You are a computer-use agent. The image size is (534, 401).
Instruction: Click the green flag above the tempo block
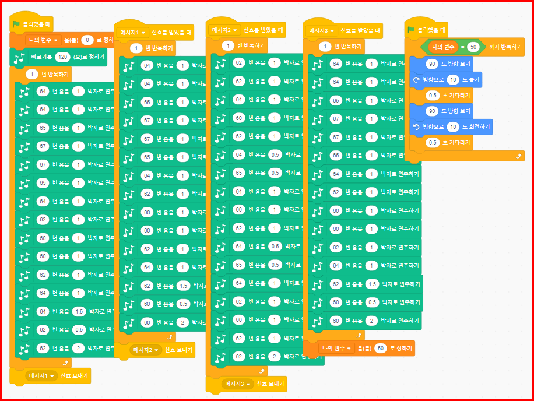(x=17, y=24)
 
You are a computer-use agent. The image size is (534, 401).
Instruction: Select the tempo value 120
(x=62, y=57)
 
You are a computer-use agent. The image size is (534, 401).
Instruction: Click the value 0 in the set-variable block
(x=87, y=41)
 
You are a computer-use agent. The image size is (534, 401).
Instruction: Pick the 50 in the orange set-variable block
(x=381, y=349)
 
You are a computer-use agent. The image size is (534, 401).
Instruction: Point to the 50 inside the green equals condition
(x=473, y=46)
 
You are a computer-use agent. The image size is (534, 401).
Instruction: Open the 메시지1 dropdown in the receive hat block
(x=133, y=32)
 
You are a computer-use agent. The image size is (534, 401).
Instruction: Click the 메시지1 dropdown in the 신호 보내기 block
(x=42, y=376)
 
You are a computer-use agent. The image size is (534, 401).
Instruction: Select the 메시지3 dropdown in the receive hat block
(x=322, y=30)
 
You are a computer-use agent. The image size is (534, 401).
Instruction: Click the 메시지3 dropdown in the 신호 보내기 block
(x=236, y=384)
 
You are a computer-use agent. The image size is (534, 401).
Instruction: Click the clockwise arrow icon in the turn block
(x=415, y=79)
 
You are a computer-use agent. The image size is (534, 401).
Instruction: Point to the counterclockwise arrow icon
(x=415, y=126)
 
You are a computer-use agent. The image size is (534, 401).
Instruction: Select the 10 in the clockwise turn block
(x=454, y=79)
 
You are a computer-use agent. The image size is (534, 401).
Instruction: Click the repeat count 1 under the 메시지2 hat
(x=227, y=45)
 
